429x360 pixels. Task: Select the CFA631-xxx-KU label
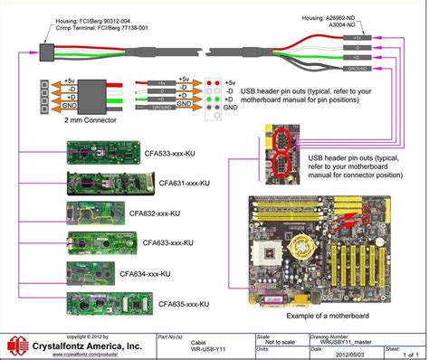tap(179, 183)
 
